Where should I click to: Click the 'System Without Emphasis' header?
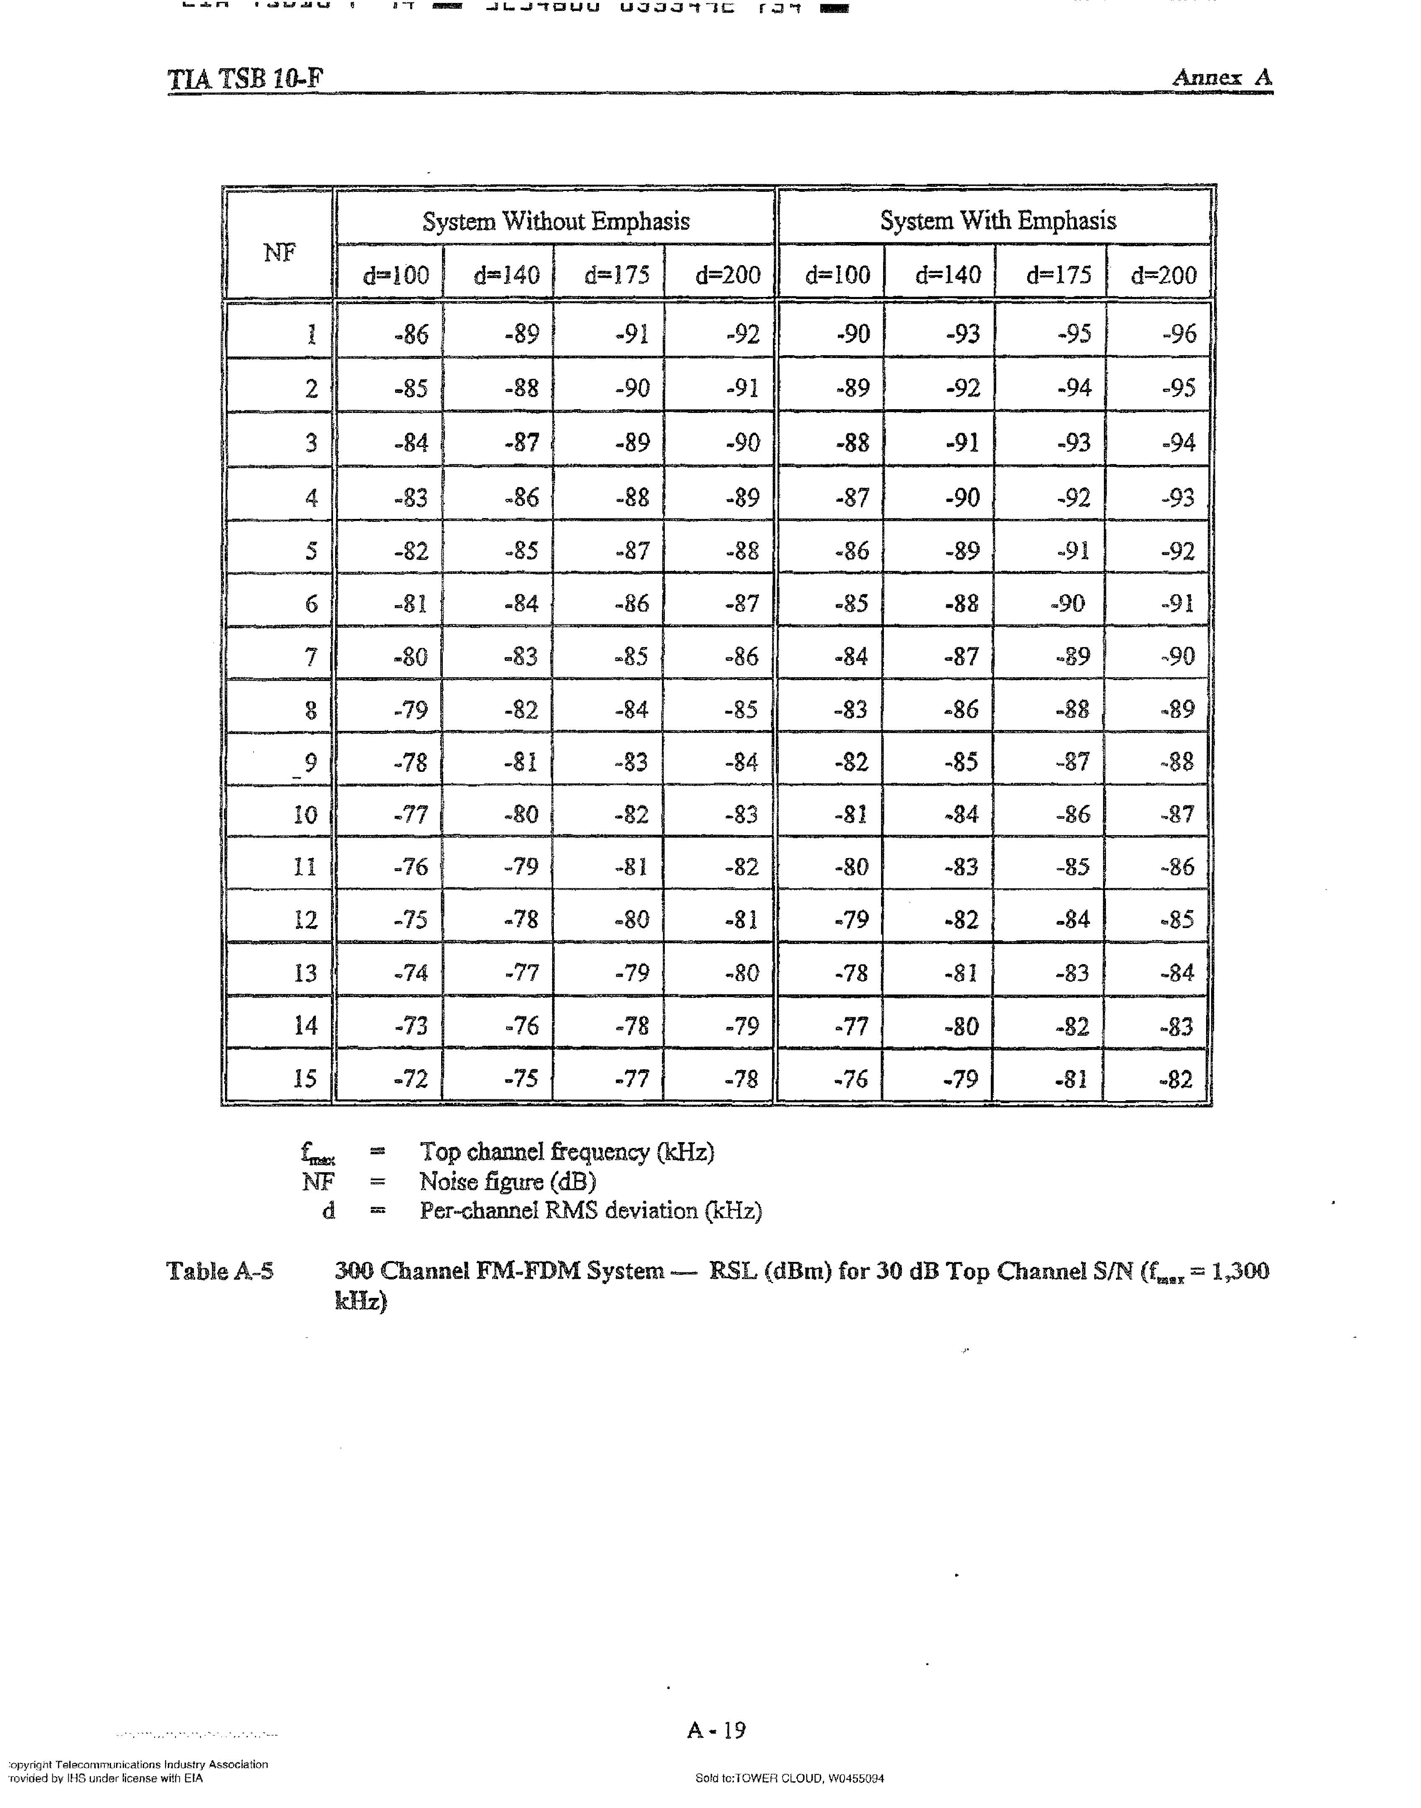556,221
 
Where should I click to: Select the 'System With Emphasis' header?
997,220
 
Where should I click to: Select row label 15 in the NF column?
305,1079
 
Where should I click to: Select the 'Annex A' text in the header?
1221,77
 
